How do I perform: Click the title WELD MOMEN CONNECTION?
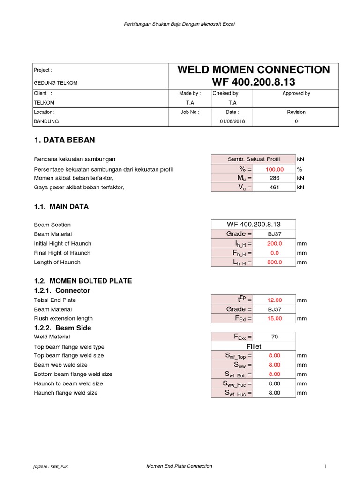(253, 70)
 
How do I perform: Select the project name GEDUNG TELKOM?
(56, 83)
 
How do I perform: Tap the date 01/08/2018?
(232, 121)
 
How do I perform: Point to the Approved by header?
(296, 93)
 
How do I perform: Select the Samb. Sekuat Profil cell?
(253, 159)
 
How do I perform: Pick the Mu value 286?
(274, 178)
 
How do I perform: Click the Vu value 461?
(274, 187)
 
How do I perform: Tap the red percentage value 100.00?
(274, 169)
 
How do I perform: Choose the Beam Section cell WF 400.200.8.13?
(253, 225)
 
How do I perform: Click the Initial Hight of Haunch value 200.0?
(274, 243)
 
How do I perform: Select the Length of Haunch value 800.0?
(274, 262)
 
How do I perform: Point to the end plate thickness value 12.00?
(274, 300)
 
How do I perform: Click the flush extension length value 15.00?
(274, 318)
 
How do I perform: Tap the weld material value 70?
(274, 337)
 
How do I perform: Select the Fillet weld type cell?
(253, 346)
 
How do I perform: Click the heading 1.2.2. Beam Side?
(62, 328)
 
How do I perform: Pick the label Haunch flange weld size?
(66, 393)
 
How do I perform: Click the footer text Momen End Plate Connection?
(180, 466)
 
